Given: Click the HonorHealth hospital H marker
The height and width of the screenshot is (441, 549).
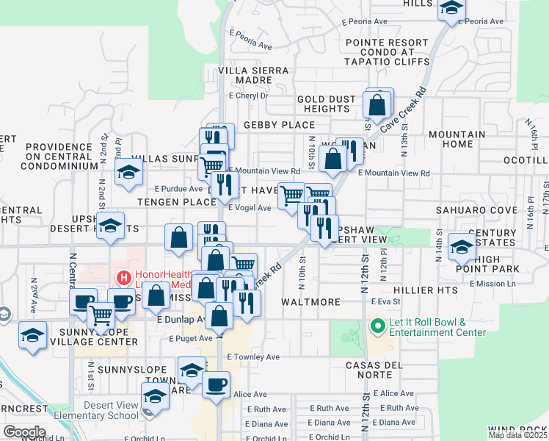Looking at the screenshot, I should (123, 279).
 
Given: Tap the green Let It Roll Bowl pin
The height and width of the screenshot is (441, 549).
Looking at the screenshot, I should (378, 324).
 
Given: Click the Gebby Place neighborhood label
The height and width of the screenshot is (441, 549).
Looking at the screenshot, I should (279, 125).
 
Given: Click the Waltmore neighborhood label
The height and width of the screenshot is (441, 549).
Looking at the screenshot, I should (310, 302).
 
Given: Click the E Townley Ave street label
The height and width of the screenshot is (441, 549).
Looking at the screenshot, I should (253, 357).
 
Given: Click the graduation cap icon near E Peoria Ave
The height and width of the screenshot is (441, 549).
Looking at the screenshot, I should (451, 8).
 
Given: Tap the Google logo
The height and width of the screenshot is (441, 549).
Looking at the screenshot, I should (24, 432).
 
